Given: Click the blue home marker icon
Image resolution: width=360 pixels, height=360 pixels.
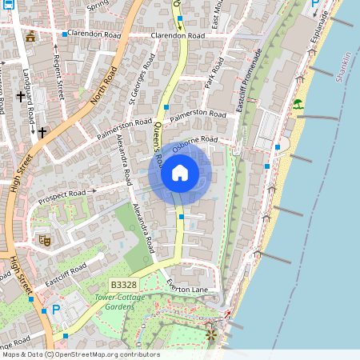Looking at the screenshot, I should (180, 173).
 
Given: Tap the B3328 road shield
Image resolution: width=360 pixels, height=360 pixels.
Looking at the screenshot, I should (123, 286).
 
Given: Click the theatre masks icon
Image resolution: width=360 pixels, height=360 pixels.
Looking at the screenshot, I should (44, 238).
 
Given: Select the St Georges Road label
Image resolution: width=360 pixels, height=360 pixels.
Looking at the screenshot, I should (138, 79).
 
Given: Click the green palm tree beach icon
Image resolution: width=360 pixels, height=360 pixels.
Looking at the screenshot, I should (298, 104).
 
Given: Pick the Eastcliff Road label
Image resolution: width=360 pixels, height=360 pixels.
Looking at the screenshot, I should (66, 276).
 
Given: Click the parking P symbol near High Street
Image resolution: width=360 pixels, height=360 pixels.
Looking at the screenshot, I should (55, 309).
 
